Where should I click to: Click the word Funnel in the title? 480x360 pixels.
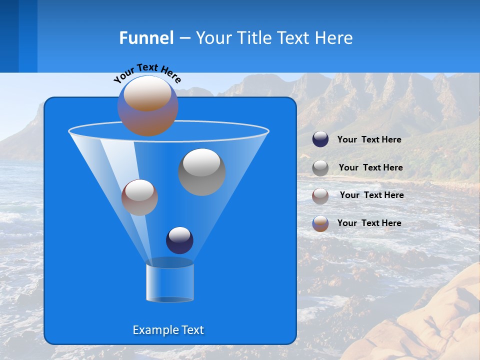click(146, 38)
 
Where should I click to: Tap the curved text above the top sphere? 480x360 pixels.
click(146, 73)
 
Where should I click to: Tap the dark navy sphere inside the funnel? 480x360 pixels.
click(179, 240)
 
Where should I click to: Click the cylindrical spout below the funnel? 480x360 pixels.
click(169, 281)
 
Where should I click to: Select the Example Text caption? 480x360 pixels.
click(168, 330)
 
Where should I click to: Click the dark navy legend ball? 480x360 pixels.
click(320, 139)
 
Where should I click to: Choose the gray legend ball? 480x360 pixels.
click(320, 168)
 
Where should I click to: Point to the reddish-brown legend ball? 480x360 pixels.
click(320, 196)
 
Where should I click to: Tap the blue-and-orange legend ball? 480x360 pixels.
click(320, 223)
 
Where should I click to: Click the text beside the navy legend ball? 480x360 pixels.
click(369, 140)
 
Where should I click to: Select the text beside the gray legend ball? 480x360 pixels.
click(370, 168)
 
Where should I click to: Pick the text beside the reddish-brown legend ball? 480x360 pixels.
click(371, 195)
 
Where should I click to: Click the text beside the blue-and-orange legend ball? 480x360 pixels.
click(369, 223)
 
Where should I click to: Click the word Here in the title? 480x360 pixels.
click(334, 38)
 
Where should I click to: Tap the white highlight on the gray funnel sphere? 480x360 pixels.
click(201, 162)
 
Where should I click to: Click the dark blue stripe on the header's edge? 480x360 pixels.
click(9, 36)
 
